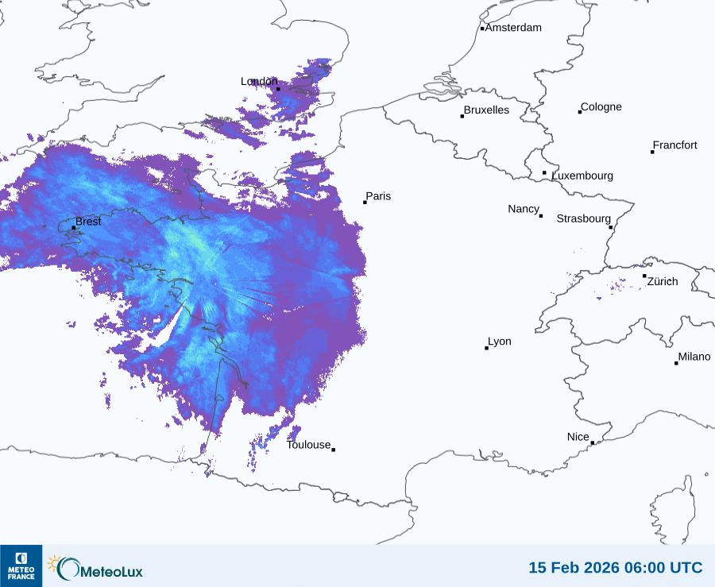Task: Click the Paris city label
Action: [x=378, y=197]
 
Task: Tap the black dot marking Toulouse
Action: [x=333, y=450]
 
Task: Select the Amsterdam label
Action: [x=513, y=28]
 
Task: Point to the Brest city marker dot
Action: [x=74, y=228]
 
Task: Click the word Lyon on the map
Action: [x=500, y=342]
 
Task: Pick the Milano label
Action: [x=694, y=357]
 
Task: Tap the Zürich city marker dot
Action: [x=644, y=276]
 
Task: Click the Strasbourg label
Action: [x=583, y=218]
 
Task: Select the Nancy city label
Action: [x=524, y=209]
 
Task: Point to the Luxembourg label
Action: [x=582, y=176]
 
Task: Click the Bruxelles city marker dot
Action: [x=462, y=116]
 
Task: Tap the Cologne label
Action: [x=601, y=107]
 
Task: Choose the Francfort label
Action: [x=675, y=145]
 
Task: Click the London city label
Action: [x=259, y=82]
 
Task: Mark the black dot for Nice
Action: [x=592, y=442]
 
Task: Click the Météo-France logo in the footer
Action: [x=21, y=566]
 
